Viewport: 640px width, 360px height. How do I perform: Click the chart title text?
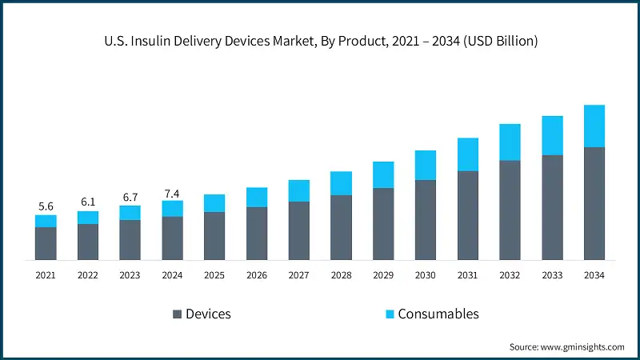point(320,41)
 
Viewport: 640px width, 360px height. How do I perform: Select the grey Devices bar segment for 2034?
point(594,203)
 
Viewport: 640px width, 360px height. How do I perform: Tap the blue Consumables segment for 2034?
point(594,126)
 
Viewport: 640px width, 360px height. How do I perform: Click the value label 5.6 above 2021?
point(46,206)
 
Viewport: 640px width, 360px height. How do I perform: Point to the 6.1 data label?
point(88,202)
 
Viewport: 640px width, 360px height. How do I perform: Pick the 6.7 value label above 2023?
point(130,197)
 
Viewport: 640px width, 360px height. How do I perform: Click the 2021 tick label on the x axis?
point(46,275)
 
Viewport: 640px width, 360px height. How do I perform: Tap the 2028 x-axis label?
point(341,275)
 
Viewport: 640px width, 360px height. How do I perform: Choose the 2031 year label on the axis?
point(467,275)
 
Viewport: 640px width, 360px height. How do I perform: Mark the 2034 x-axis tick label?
point(594,275)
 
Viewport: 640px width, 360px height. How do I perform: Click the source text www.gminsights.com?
point(566,346)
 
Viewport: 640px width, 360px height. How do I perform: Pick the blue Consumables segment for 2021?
point(46,221)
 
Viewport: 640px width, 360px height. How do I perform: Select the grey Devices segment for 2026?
point(257,233)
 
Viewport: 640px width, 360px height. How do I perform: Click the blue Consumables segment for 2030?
point(426,165)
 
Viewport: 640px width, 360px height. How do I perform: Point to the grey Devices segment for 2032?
point(510,210)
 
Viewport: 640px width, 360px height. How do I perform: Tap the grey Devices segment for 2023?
point(130,239)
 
